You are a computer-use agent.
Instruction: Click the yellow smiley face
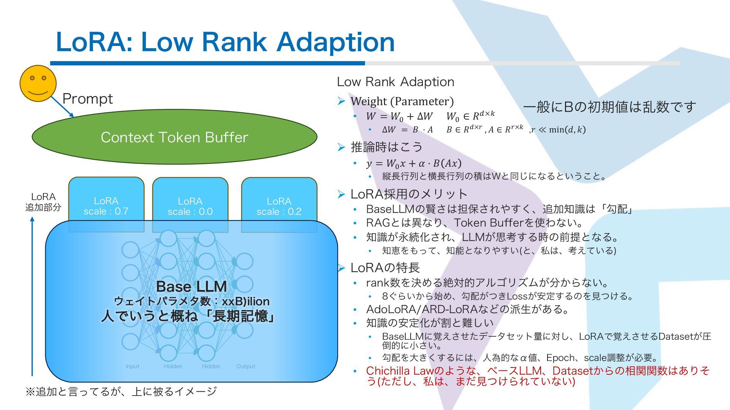[x=38, y=84]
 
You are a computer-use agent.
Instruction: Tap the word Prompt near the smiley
[x=87, y=99]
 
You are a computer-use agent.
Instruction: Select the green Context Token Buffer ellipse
[x=175, y=137]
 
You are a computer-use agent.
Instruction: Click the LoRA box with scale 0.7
[x=106, y=205]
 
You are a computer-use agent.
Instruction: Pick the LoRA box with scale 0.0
[x=190, y=205]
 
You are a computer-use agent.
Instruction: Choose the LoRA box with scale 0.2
[x=279, y=205]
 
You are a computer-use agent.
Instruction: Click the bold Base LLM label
[x=191, y=286]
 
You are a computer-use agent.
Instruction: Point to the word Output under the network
[x=246, y=366]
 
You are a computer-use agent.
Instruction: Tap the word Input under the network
[x=132, y=366]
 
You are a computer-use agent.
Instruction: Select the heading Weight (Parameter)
[x=402, y=101]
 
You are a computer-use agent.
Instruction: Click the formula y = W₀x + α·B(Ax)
[x=414, y=164]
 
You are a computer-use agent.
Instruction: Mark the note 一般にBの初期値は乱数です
[x=609, y=107]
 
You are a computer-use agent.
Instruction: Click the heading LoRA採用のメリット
[x=409, y=194]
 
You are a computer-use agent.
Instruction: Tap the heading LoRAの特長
[x=385, y=268]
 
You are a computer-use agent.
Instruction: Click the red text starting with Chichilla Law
[x=538, y=375]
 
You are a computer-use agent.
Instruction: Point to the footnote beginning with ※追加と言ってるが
[x=121, y=391]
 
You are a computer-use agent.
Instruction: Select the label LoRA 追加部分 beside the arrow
[x=43, y=202]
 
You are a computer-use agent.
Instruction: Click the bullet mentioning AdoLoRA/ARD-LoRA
[x=467, y=309]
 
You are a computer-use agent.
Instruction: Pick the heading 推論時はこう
[x=387, y=147]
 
